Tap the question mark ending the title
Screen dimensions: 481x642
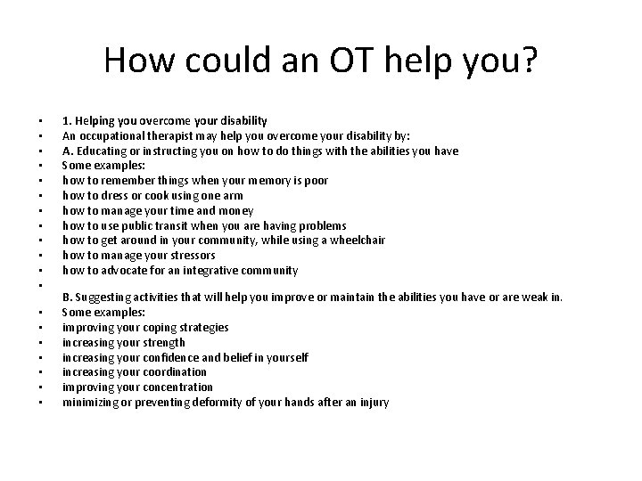[x=528, y=60]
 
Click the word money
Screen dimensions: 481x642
[x=236, y=210]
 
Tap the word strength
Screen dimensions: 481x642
[x=162, y=342]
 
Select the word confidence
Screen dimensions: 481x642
[x=170, y=357]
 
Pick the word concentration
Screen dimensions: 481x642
[x=175, y=387]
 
